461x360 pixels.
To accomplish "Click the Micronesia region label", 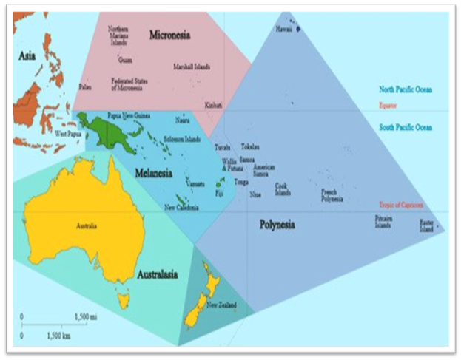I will pyautogui.click(x=171, y=34).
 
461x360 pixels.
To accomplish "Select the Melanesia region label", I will pyautogui.click(x=154, y=174).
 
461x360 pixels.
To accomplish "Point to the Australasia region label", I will pyautogui.click(x=157, y=275).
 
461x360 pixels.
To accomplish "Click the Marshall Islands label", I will pyautogui.click(x=192, y=67).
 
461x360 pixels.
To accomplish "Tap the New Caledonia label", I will pyautogui.click(x=180, y=207).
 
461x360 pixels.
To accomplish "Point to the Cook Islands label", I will pyautogui.click(x=282, y=189).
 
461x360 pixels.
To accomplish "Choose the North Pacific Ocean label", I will pyautogui.click(x=405, y=89).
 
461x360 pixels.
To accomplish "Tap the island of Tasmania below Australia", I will pyautogui.click(x=123, y=299).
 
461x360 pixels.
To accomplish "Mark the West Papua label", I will pyautogui.click(x=68, y=134).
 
